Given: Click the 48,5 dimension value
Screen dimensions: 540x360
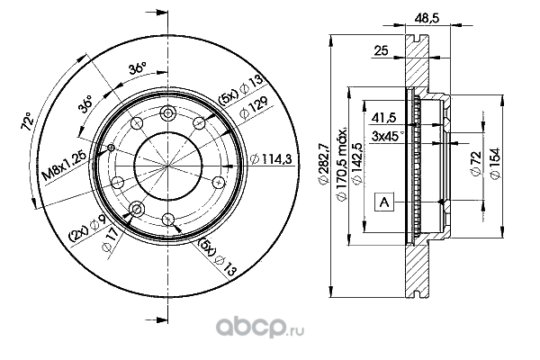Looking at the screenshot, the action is point(427,18).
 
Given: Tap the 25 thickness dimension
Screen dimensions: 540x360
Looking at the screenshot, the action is point(382,50).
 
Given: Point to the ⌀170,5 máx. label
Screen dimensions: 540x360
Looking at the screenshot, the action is point(341,164).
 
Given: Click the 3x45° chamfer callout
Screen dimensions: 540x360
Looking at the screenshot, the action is point(387,136).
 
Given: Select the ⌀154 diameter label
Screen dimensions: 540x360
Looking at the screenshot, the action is point(494,163).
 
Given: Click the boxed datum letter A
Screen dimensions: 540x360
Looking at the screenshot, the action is point(384,202).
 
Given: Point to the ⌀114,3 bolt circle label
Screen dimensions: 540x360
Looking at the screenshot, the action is point(271,158).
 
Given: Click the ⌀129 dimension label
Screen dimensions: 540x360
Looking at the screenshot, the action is point(254,107).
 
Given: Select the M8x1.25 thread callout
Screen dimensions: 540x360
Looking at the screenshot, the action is point(65,166).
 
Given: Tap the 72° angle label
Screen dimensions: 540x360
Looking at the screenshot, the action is point(28,121).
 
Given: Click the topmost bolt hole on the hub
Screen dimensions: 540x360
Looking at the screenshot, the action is point(167,112).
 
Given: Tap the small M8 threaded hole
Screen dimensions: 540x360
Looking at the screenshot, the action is point(111,148).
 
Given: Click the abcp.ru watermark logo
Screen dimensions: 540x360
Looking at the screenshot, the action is point(260,327).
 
